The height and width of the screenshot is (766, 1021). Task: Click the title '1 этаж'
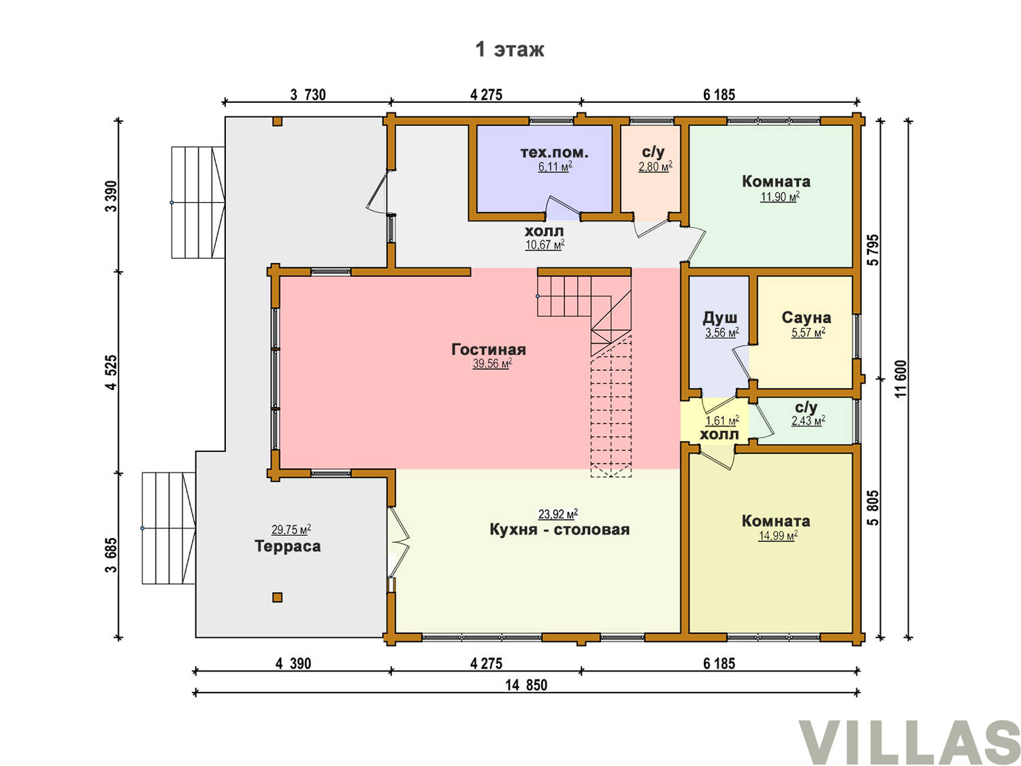point(509,49)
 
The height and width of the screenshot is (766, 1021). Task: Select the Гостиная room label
point(489,349)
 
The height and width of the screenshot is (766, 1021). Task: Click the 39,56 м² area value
point(492,363)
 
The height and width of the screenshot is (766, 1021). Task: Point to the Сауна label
point(806,317)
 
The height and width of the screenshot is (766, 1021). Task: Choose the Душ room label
point(719,318)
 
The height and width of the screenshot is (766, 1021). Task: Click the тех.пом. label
point(554,153)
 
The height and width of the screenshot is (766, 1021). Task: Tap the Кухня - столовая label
point(560,529)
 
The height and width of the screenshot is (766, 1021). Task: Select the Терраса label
point(287,546)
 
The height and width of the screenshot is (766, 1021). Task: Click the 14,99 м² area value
point(778,536)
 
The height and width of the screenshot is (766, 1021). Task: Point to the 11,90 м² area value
point(780,197)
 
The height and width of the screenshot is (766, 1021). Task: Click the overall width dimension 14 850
point(526,685)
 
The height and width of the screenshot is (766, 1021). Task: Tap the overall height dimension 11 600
point(901,379)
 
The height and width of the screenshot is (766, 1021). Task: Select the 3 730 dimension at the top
point(308,95)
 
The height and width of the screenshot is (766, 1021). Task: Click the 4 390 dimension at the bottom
point(293,663)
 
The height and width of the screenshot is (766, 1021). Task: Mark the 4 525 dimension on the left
point(111,372)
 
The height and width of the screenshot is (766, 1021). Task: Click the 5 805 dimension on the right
point(874,507)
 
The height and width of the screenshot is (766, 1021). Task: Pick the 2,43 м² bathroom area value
point(809,420)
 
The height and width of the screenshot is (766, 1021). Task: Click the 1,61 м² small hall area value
point(722,421)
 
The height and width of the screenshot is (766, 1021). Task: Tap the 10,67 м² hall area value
point(545,244)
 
